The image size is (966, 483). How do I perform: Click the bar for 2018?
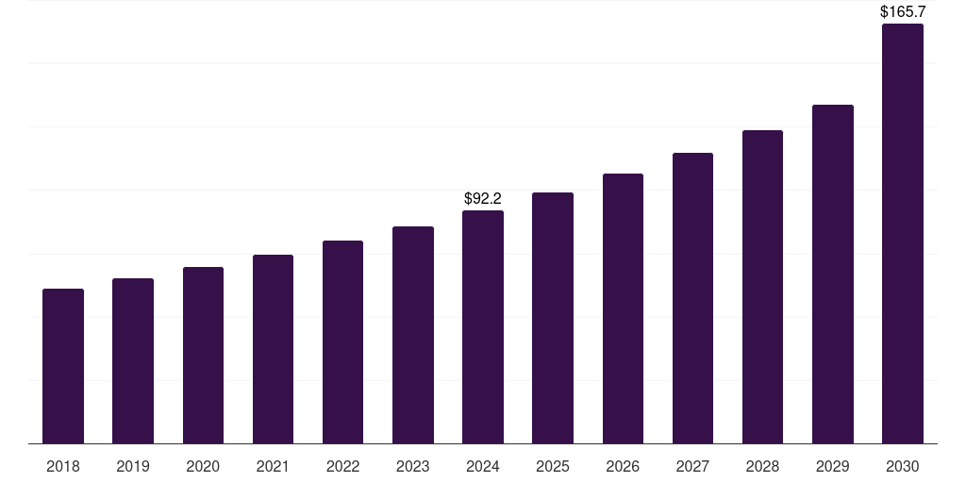tap(63, 366)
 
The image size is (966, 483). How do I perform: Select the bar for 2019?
tap(133, 361)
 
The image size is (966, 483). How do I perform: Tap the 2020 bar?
tap(204, 356)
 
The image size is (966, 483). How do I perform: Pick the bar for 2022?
tap(343, 341)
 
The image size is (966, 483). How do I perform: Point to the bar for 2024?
tap(483, 327)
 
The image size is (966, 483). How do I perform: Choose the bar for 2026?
tap(623, 308)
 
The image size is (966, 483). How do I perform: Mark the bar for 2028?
tap(762, 287)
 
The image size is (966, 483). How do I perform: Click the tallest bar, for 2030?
tap(903, 234)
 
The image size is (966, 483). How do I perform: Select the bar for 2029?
tap(833, 275)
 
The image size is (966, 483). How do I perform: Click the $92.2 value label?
tap(483, 198)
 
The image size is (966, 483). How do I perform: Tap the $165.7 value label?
tap(903, 11)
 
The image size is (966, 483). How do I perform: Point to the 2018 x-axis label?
tap(63, 466)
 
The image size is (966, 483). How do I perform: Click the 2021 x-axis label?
tap(273, 466)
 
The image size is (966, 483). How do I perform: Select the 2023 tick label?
tap(413, 466)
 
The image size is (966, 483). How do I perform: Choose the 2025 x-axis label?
tap(553, 466)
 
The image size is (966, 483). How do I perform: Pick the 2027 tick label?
tap(692, 466)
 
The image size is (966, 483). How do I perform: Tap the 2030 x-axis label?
tap(903, 466)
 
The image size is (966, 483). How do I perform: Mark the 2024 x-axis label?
tap(483, 466)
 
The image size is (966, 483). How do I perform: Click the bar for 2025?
tap(553, 318)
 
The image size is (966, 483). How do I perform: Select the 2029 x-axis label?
tap(833, 466)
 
